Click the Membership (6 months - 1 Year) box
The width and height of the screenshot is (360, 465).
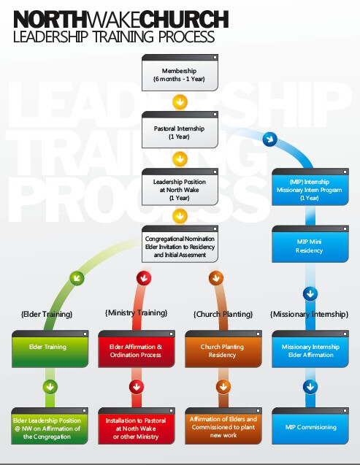coord(180,73)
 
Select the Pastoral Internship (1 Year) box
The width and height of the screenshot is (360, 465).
coord(180,130)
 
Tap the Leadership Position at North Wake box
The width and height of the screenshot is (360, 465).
coord(180,187)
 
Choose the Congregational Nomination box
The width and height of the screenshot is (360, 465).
coord(180,244)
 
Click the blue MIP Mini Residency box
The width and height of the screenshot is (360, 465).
coord(310,244)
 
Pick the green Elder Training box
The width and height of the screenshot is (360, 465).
coord(50,349)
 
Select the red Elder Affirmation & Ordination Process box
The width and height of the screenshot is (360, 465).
coord(137,349)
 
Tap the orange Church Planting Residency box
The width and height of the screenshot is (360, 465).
coord(223,349)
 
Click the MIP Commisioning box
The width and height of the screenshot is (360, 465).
coord(310,426)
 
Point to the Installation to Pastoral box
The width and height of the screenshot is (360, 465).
coord(137,426)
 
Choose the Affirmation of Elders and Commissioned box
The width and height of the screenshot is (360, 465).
coord(223,426)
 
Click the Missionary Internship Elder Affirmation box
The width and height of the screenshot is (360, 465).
coord(310,349)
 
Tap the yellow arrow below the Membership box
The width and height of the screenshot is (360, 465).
coord(180,101)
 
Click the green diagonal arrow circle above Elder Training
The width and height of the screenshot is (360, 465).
coord(77,278)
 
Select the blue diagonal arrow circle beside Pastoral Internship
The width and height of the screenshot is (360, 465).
coord(269,139)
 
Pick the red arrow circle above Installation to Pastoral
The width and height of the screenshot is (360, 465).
coord(137,387)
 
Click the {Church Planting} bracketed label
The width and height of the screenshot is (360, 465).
coord(223,315)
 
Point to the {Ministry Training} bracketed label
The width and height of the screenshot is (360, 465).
coord(136,313)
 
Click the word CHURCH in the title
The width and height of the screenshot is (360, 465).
coord(184,20)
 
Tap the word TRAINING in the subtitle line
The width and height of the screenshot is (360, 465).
coord(123,36)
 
